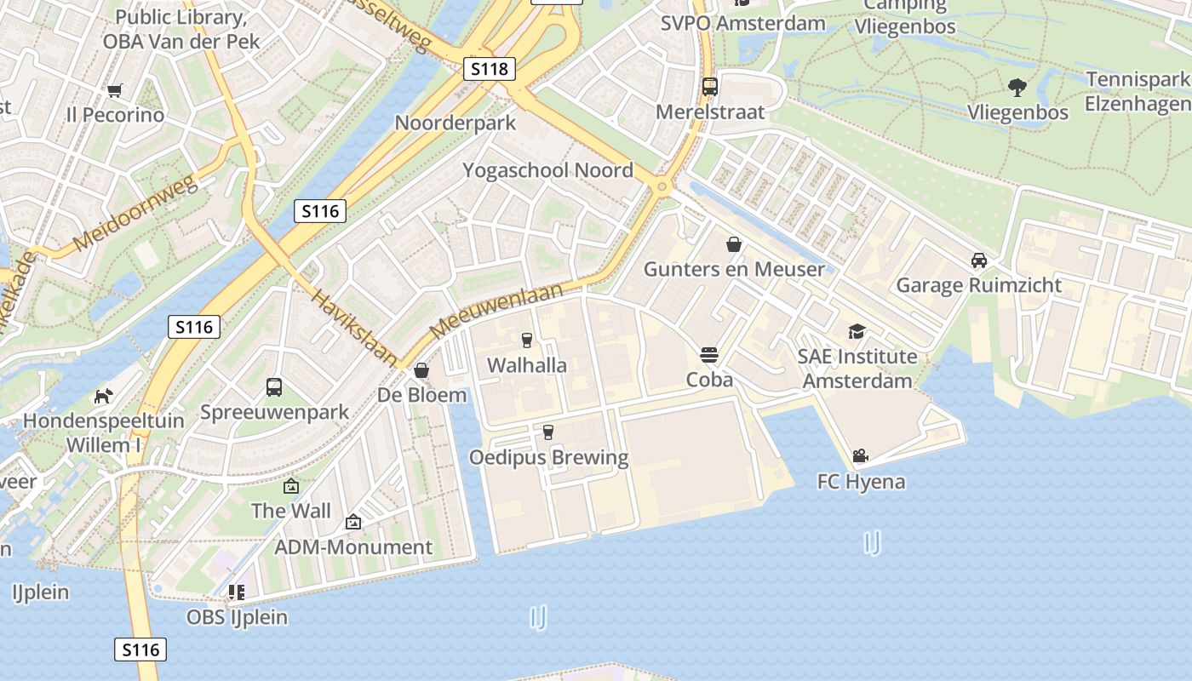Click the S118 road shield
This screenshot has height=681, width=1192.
490,69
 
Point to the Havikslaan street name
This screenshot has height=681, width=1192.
354,328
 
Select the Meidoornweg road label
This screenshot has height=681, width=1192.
136,213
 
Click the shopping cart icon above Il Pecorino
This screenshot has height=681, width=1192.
115,90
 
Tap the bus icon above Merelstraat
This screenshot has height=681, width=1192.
709,86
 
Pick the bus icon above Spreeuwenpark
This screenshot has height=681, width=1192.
274,387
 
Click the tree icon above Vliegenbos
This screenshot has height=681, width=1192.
1017,87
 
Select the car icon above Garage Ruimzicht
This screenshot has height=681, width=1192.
978,260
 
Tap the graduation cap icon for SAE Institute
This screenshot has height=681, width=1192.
856,331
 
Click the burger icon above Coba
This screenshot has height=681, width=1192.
709,354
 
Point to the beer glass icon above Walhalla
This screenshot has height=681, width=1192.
526,340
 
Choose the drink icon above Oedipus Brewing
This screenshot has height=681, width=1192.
548,432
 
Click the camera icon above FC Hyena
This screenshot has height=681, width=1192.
860,456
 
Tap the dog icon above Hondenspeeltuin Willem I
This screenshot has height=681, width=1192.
103,396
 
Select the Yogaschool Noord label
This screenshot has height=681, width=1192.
547,170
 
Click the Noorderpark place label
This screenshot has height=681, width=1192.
455,123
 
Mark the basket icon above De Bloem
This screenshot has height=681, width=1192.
421,370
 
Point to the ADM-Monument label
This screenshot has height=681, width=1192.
353,547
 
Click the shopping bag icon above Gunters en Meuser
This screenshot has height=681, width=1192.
734,245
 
